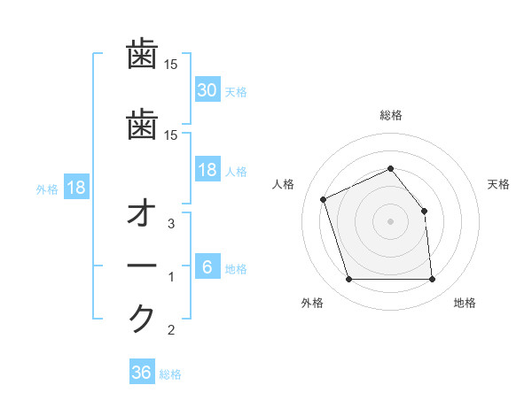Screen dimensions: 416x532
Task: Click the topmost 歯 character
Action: pyautogui.click(x=142, y=55)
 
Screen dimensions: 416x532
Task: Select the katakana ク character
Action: pyautogui.click(x=142, y=318)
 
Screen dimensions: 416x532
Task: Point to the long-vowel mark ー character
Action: pyautogui.click(x=142, y=266)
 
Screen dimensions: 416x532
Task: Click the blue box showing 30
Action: pyautogui.click(x=207, y=89)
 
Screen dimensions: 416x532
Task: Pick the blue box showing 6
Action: pyautogui.click(x=207, y=267)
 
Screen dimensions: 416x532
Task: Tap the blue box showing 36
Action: pyautogui.click(x=141, y=373)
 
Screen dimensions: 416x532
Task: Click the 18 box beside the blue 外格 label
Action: pyautogui.click(x=75, y=189)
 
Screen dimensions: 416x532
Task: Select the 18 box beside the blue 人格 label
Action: pyautogui.click(x=207, y=170)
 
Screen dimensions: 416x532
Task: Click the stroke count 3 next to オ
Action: pyautogui.click(x=171, y=224)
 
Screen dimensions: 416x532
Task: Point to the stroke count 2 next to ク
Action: pyautogui.click(x=171, y=330)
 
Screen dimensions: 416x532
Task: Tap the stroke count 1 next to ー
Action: pyautogui.click(x=171, y=277)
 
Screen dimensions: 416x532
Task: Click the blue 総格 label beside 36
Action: pyautogui.click(x=170, y=374)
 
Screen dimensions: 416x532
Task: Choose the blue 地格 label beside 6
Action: pyautogui.click(x=236, y=269)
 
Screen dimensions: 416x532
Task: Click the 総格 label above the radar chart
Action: pyautogui.click(x=390, y=115)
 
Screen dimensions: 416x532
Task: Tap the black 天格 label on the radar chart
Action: pyautogui.click(x=498, y=184)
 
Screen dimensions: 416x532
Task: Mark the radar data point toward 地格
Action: pyautogui.click(x=432, y=280)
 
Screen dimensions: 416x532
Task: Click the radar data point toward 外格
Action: pyautogui.click(x=348, y=280)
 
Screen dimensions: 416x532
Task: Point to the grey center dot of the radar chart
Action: pyautogui.click(x=390, y=221)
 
